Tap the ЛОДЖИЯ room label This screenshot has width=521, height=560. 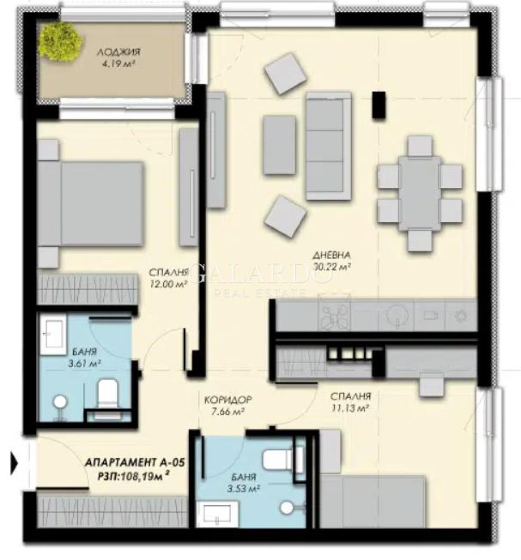click(119, 52)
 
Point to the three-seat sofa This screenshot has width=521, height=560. click(329, 146)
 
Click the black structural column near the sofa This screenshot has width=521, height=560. click(379, 105)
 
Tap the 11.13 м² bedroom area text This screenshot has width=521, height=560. click(350, 408)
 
